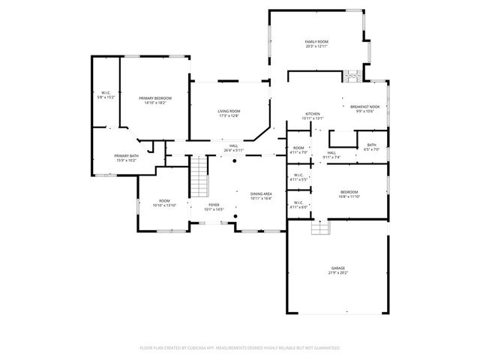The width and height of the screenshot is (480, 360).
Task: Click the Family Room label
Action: pos(317,44)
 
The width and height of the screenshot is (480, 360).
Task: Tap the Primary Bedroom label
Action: pos(155,100)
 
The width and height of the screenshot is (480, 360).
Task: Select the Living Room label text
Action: pos(229,113)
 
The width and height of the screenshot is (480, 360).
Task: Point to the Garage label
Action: pos(338,271)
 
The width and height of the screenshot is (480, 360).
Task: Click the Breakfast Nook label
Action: pos(365,109)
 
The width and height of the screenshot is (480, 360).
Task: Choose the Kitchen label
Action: pos(312,116)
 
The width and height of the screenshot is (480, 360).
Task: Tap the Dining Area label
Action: pos(261,196)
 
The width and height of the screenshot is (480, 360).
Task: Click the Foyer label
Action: pos(214,207)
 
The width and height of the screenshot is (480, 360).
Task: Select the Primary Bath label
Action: pos(126,158)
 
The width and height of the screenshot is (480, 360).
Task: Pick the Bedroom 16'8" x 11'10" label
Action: pos(349,194)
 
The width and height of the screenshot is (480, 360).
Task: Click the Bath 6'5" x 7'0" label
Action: pos(371,148)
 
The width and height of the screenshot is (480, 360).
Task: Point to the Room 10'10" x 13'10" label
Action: pos(163,202)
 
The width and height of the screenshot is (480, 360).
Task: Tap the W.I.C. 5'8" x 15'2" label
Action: pos(106,95)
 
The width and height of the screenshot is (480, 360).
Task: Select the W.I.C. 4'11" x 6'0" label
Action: pos(298,205)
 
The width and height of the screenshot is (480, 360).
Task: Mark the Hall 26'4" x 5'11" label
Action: pos(234,148)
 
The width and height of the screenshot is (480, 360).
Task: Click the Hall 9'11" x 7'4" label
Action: pos(331,155)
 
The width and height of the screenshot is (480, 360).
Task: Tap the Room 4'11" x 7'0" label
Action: pos(298,150)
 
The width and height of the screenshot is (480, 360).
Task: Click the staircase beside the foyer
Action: pos(198,176)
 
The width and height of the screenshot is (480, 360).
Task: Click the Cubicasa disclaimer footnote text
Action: pos(240,348)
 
